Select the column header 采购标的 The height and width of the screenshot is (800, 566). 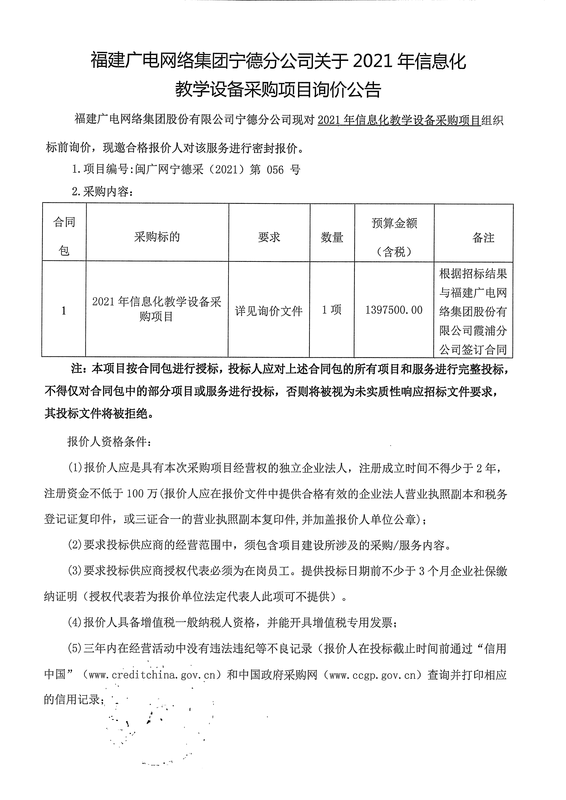point(157,237)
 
